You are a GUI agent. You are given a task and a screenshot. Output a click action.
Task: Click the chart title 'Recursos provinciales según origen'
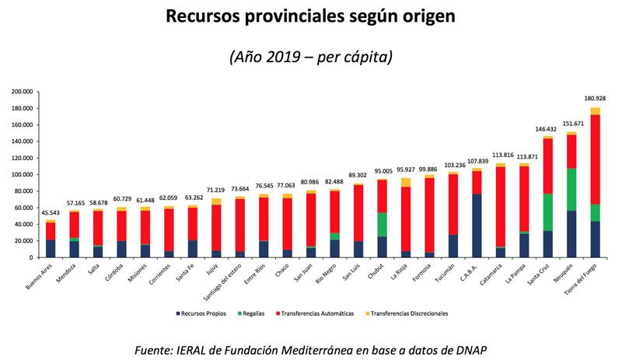tap(311, 17)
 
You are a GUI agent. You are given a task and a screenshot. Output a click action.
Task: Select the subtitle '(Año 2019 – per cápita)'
tap(311, 57)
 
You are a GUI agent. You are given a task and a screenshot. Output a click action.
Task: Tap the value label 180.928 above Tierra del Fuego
tap(595, 99)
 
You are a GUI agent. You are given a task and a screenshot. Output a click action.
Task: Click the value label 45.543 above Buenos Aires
tap(50, 212)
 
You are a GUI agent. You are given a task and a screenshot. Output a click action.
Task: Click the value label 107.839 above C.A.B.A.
tap(477, 161)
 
